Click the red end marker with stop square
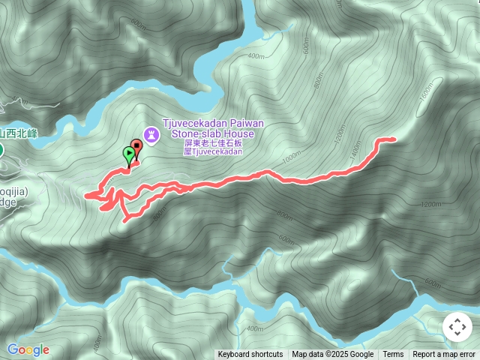pyautogui.click(x=136, y=145)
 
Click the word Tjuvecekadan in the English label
pyautogui.click(x=192, y=124)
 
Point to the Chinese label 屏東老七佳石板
pyautogui.click(x=213, y=142)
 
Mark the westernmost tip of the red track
pyautogui.click(x=85, y=196)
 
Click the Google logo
pyautogui.click(x=28, y=349)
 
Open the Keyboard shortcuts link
pyautogui.click(x=250, y=355)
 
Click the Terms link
pyautogui.click(x=393, y=355)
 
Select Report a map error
pyautogui.click(x=444, y=355)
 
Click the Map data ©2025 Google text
pyautogui.click(x=333, y=355)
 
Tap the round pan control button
pyautogui.click(x=457, y=328)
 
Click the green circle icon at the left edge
pyautogui.click(x=1, y=148)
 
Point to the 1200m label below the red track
pyautogui.click(x=430, y=204)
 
